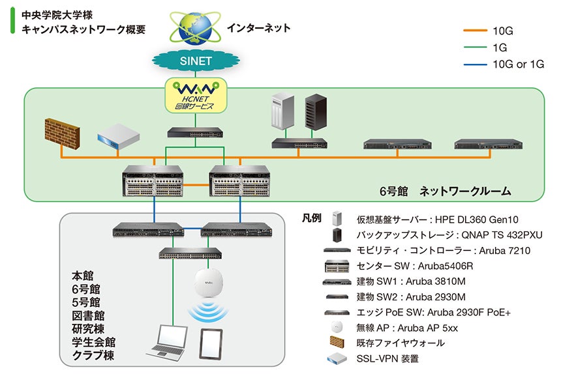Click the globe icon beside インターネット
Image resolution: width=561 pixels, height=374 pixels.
click(x=195, y=28)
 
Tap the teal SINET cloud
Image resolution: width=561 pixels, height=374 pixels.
click(x=195, y=61)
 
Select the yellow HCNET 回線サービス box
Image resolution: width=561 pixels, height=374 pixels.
click(x=196, y=96)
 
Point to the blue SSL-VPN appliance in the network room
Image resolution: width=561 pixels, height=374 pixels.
click(x=119, y=136)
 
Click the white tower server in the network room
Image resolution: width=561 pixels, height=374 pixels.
click(x=282, y=111)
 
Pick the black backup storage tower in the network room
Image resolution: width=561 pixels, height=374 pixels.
click(x=316, y=112)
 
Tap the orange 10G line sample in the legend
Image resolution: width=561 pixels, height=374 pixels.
click(x=475, y=31)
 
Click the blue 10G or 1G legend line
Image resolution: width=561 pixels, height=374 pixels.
click(x=475, y=65)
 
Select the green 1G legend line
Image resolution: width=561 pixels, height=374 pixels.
click(x=475, y=47)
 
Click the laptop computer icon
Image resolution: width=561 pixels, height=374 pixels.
click(x=168, y=341)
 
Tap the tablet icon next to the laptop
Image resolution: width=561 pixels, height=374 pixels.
click(x=211, y=344)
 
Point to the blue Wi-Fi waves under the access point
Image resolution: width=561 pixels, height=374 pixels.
click(x=208, y=312)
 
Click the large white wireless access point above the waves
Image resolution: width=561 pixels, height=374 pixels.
click(x=209, y=283)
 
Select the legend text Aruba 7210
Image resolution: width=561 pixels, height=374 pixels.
click(x=504, y=250)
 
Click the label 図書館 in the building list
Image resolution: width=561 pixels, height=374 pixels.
click(x=88, y=316)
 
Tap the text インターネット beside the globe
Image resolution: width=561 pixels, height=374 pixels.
click(x=259, y=28)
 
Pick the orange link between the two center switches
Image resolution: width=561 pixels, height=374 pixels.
click(x=196, y=184)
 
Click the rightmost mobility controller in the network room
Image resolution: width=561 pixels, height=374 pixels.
click(x=489, y=144)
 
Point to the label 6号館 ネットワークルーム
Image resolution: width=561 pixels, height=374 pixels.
click(x=445, y=192)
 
